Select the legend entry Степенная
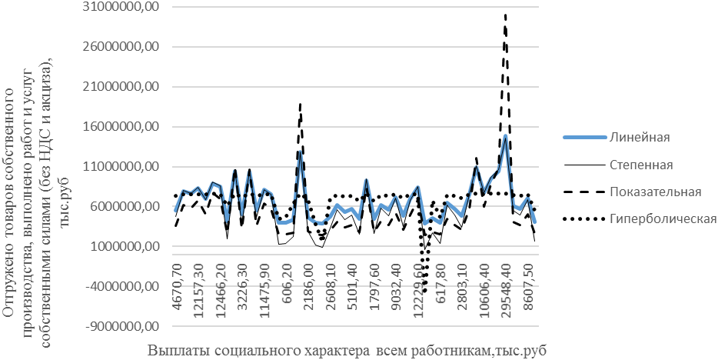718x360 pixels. (x=641, y=165)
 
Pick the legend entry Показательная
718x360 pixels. (x=655, y=192)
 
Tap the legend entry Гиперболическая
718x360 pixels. (x=662, y=219)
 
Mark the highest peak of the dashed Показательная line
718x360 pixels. (x=505, y=15)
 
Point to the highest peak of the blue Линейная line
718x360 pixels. (x=505, y=135)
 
